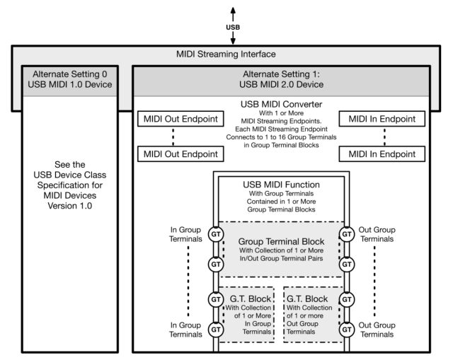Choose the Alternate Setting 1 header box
(x=283, y=81)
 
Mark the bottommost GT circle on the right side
(x=347, y=330)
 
